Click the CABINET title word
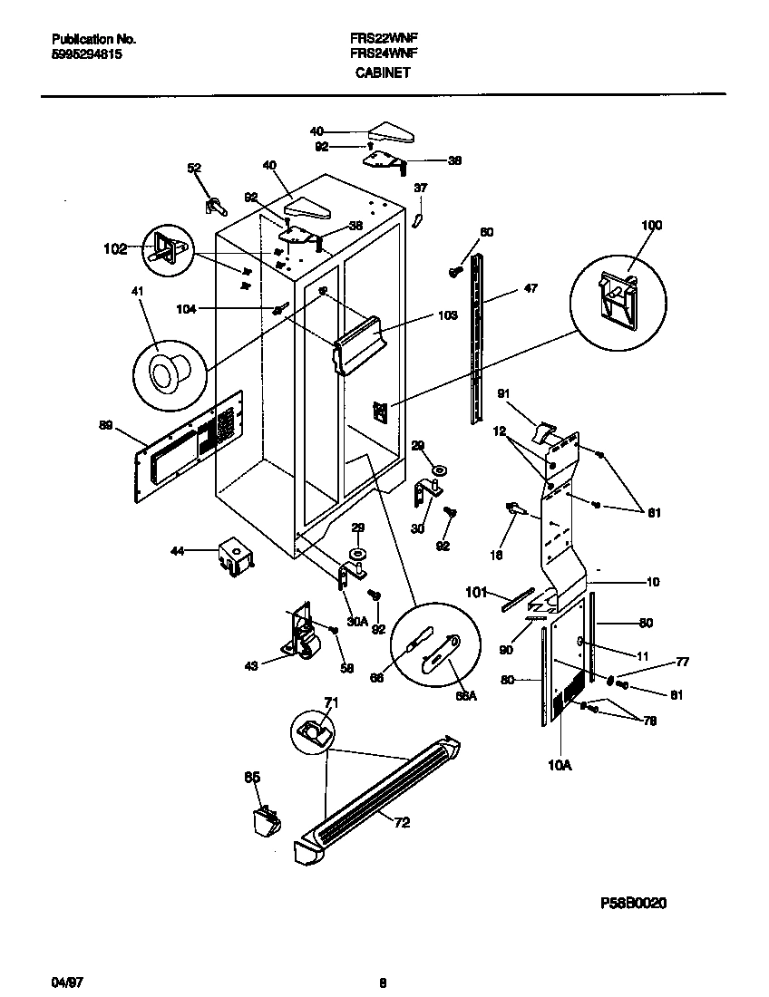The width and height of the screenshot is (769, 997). (383, 72)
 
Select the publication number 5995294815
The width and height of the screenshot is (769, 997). (87, 54)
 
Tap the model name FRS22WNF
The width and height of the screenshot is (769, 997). (383, 39)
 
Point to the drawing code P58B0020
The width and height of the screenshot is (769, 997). (633, 904)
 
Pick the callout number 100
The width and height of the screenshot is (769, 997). (652, 225)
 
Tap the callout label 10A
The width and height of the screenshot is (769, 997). (560, 766)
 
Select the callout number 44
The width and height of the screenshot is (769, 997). (179, 551)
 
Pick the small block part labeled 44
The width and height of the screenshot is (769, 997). (234, 557)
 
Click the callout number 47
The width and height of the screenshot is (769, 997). (531, 289)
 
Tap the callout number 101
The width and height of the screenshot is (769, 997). (477, 594)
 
